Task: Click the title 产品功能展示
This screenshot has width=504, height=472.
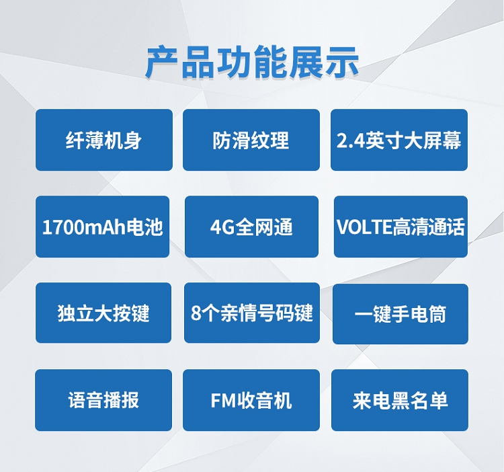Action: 252,63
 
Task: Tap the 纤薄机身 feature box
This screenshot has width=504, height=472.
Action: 104,140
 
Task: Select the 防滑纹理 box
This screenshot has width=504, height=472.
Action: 251,140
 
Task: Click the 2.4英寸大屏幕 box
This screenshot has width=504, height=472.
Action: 399,140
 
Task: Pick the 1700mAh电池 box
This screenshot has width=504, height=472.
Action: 103,227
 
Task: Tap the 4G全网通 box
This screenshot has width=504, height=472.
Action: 252,227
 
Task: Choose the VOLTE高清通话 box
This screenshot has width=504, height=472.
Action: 401,227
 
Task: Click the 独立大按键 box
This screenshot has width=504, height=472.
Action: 103,313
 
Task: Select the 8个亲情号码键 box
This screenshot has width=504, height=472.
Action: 252,313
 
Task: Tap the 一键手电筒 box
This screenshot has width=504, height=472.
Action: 401,314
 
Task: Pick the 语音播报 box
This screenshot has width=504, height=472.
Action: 103,400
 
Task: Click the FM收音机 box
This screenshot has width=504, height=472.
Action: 251,400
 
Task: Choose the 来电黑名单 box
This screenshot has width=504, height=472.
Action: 400,400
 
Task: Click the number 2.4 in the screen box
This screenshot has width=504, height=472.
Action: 351,141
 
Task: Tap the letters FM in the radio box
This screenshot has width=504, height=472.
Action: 224,401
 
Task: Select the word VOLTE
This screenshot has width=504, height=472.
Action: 364,227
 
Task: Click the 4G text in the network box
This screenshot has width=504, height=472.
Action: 222,227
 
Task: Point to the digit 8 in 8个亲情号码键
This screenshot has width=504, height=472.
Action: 196,313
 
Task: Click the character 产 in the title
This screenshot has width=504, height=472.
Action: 162,63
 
